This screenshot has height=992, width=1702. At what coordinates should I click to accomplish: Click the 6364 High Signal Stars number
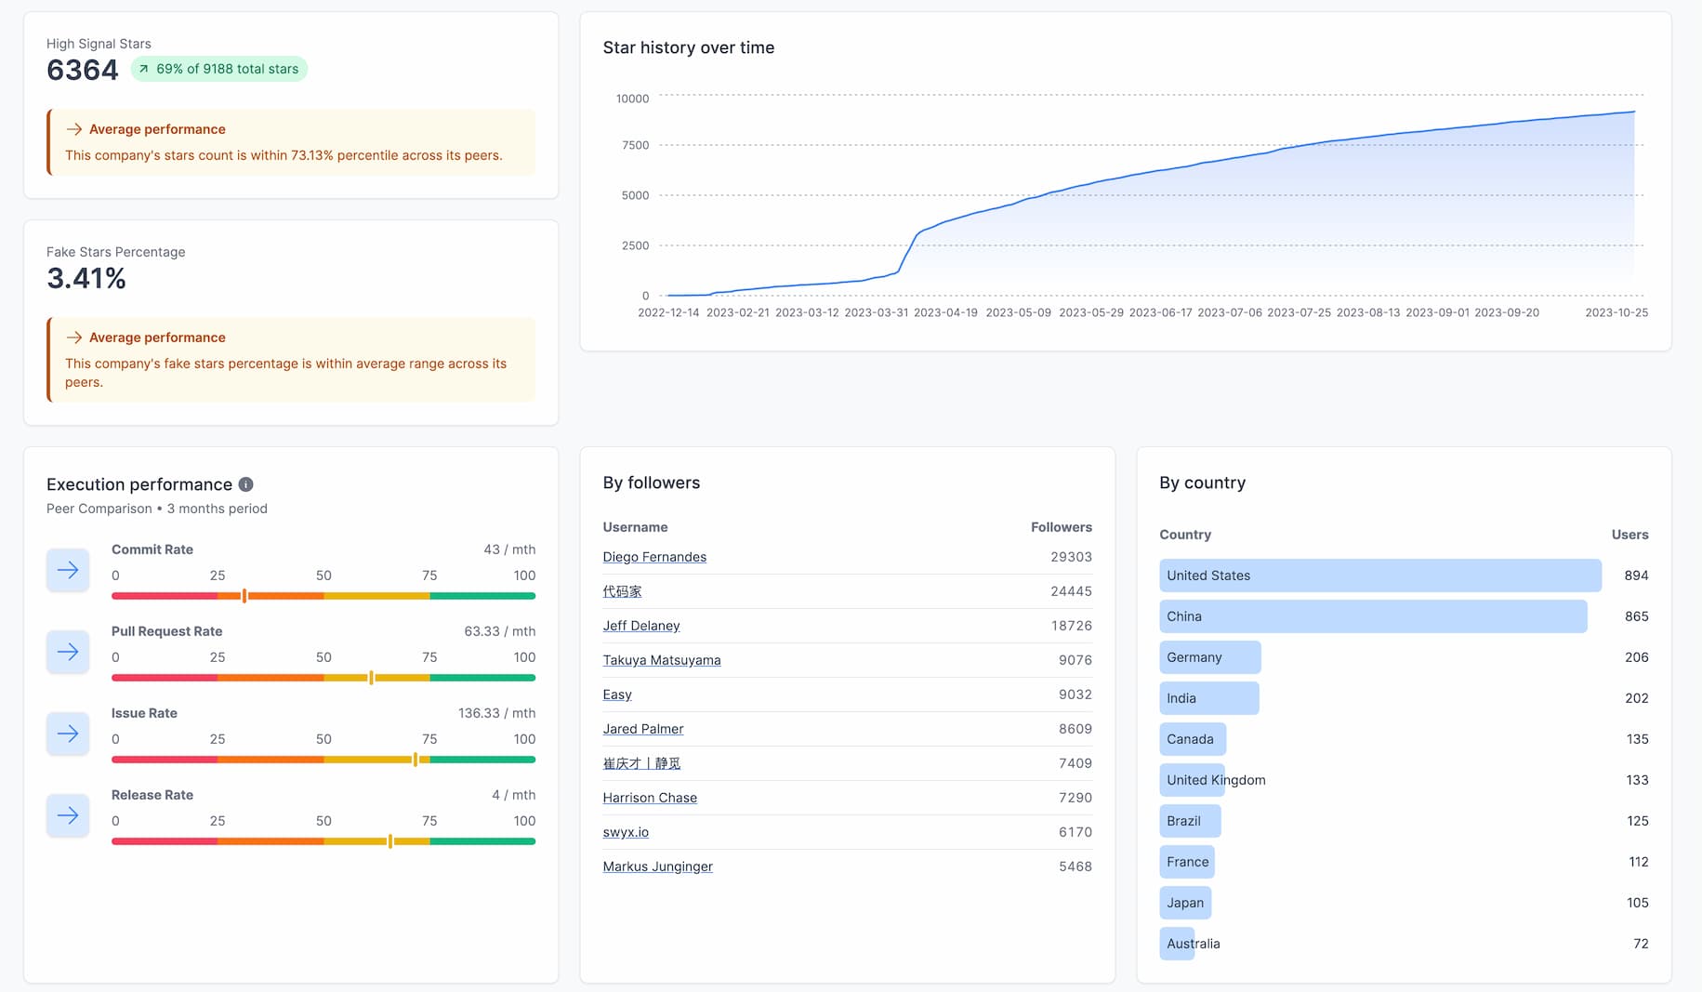pos(82,70)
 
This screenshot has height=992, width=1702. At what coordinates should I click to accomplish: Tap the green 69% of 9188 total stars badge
pos(219,69)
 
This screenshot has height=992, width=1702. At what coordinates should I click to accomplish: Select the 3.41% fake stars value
pos(86,278)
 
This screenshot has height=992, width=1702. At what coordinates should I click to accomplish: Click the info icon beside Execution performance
pos(245,484)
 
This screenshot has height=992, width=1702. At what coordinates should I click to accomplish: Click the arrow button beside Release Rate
pos(68,815)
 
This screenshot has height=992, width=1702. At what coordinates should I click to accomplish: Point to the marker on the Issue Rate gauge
pos(416,760)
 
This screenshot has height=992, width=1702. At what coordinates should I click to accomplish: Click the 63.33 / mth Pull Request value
pos(499,631)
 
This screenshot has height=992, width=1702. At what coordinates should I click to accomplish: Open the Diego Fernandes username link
pos(654,557)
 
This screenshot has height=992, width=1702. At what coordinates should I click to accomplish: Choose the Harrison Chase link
pos(650,798)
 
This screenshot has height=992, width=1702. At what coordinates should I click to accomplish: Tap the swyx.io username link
pos(626,832)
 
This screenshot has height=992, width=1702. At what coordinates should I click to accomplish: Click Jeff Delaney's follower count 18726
pos(1071,626)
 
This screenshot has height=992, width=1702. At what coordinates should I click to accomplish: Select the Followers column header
pos(1061,527)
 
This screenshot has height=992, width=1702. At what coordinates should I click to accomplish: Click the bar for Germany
pos(1209,657)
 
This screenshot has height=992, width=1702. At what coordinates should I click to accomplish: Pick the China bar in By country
pos(1372,616)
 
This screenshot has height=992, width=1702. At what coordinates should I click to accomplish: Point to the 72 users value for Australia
pos(1641,944)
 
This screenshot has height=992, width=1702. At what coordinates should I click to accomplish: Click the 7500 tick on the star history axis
pos(635,145)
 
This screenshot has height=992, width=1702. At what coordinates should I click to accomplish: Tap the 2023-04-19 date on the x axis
pos(945,312)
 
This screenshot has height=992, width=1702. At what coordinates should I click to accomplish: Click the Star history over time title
pos(688,47)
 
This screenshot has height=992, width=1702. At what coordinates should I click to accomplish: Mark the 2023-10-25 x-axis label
pos(1616,312)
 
